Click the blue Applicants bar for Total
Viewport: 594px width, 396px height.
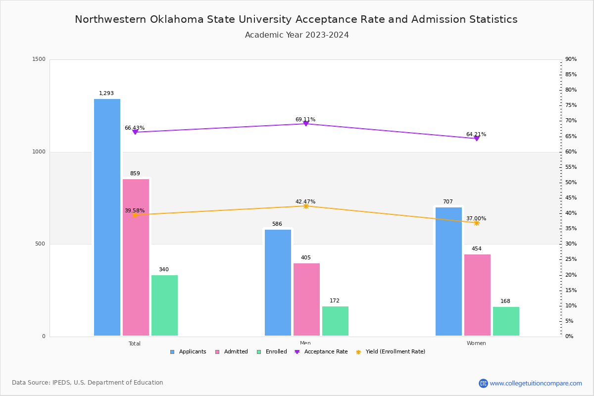click(x=107, y=217)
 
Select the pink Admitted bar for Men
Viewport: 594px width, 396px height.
click(x=306, y=299)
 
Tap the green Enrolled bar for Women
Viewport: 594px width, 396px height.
click(x=506, y=321)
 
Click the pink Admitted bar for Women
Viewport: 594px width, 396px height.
click(x=477, y=295)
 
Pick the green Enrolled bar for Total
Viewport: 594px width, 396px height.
click(x=164, y=305)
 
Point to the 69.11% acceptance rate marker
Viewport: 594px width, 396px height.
click(x=306, y=124)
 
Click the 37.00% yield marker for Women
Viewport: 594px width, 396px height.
click(x=477, y=223)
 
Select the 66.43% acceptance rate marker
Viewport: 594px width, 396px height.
click(x=135, y=132)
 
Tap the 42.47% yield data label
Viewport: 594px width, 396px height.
click(x=305, y=201)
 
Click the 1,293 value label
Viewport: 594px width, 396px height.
click(x=106, y=93)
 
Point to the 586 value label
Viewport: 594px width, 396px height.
click(x=277, y=224)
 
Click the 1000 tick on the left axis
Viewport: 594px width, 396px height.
click(x=40, y=152)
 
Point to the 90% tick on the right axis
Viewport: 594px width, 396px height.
click(x=571, y=59)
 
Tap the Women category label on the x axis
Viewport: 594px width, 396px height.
click(x=476, y=343)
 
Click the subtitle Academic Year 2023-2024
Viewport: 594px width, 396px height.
click(x=297, y=35)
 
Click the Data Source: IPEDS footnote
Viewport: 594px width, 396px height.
click(x=88, y=383)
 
